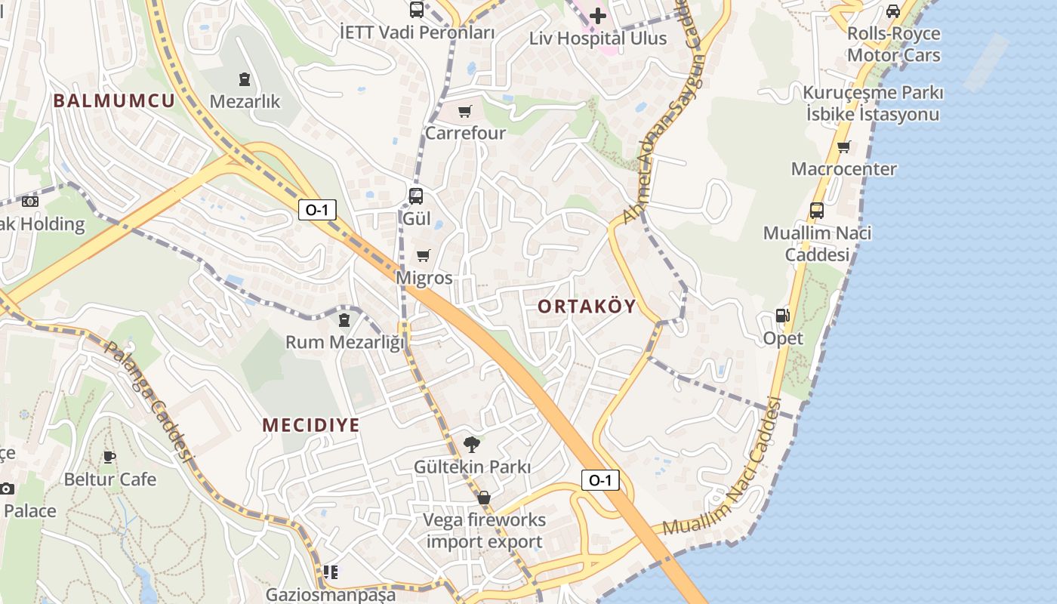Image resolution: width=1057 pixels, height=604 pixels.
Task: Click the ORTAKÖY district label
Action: point(587,307)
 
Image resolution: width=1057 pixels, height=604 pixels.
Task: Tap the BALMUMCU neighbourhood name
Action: point(114,100)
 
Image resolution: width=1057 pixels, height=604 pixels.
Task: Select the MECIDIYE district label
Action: point(311,424)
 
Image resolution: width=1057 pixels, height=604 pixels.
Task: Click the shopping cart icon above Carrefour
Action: point(465,112)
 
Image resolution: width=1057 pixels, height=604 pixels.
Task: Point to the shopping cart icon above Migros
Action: point(424,256)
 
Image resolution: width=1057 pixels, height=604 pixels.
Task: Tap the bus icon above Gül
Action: point(416,196)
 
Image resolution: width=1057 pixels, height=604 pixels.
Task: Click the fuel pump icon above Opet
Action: point(783,316)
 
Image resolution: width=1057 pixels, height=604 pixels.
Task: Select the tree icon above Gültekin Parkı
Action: point(472,444)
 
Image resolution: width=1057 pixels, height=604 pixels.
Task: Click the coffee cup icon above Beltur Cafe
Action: point(109,457)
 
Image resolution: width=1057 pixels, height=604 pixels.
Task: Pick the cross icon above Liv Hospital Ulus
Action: point(598,15)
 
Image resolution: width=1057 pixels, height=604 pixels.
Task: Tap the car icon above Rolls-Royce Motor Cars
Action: point(893,11)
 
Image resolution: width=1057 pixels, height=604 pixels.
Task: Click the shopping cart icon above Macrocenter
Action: point(843,146)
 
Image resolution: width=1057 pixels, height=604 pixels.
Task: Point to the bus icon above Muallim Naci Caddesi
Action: point(817,211)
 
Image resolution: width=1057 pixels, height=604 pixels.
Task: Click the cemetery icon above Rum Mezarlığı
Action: point(344,320)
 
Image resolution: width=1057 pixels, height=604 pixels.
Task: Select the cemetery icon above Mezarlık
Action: point(245,79)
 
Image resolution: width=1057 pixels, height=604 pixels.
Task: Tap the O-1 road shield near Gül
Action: point(317,210)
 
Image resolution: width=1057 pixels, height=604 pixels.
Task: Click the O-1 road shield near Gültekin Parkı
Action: point(600,479)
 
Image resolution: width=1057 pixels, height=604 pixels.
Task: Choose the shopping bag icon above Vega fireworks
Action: point(484,498)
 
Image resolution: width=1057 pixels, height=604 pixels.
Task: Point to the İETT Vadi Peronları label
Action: point(418,32)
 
